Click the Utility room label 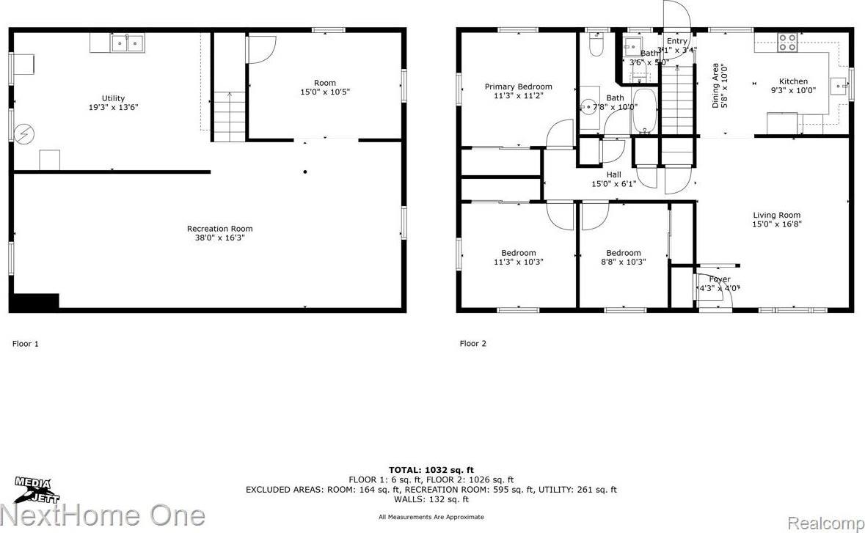(x=113, y=98)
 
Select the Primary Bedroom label (x=518, y=87)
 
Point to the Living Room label (x=776, y=216)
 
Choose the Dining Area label (x=716, y=86)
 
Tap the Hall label (x=614, y=174)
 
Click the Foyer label (x=720, y=279)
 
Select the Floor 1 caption (x=26, y=343)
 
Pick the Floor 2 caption (x=472, y=343)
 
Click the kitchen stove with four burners (x=788, y=43)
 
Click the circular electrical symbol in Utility (x=23, y=134)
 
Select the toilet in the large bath (x=595, y=47)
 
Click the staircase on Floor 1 (x=230, y=117)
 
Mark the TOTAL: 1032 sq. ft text (x=431, y=470)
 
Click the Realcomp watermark (x=834, y=517)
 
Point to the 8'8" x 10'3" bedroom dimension (x=623, y=262)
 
